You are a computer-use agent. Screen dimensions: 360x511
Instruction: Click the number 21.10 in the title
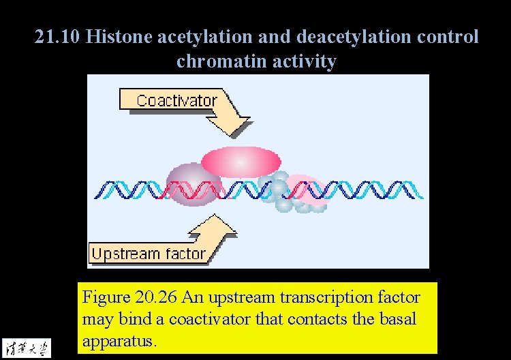pos(58,37)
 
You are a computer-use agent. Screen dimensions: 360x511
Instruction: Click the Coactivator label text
pos(176,101)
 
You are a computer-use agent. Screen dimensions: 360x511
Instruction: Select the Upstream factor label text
pos(148,254)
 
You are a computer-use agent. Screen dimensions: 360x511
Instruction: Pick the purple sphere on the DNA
pos(194,183)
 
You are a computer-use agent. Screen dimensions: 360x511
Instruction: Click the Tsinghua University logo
pos(27,347)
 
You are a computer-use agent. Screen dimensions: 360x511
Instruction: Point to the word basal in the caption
pos(398,319)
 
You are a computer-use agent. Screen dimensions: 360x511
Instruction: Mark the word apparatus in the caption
pos(119,340)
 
